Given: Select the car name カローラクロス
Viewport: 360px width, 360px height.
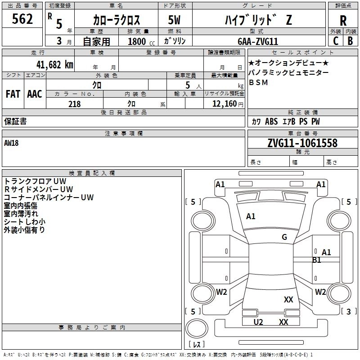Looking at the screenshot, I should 116,19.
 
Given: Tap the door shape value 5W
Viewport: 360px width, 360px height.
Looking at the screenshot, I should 175,19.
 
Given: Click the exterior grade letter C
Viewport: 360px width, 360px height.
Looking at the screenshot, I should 336,41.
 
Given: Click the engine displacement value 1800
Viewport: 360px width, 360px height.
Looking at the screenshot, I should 137,41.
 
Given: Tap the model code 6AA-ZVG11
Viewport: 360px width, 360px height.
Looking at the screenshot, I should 258,41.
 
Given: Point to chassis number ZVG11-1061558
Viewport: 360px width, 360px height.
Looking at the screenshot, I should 296,143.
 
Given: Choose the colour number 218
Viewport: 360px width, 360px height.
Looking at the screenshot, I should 74,104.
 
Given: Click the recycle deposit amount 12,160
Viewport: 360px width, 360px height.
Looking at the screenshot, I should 224,104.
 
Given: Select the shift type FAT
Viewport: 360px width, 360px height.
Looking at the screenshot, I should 13,94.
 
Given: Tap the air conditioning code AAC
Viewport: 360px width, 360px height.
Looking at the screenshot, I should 35,94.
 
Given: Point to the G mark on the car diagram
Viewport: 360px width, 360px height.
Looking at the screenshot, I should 284,237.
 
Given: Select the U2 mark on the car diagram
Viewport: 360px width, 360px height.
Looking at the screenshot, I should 258,322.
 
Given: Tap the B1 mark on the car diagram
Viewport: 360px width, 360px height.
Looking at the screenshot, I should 317,260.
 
